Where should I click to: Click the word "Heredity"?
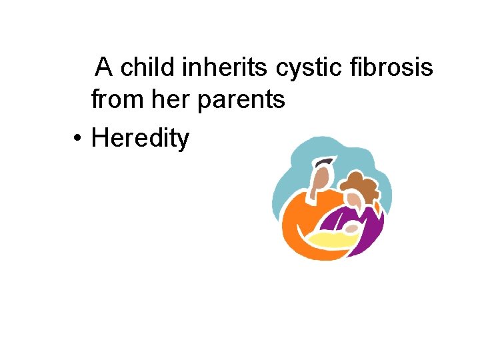[140, 138]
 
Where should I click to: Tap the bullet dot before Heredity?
[78, 139]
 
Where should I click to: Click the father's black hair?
[325, 162]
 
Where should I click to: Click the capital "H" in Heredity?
[99, 138]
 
